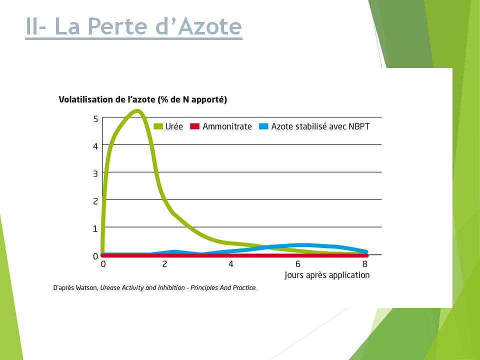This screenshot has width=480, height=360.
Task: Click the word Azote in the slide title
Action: [210, 26]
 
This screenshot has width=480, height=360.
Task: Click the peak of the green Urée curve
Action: [137, 111]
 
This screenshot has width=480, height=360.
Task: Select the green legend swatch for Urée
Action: [158, 126]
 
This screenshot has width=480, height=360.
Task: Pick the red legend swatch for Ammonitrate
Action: [194, 126]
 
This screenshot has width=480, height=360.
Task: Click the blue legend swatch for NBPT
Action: [263, 126]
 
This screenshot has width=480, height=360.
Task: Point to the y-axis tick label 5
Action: [95, 119]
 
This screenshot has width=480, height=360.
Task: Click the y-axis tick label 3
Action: [95, 174]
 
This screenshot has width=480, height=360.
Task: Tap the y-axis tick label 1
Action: [95, 228]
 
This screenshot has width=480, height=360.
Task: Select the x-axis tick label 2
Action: [164, 264]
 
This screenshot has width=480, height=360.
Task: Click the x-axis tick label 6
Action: [298, 264]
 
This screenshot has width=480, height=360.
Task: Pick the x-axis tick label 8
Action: [364, 264]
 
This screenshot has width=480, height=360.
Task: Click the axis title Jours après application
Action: [327, 275]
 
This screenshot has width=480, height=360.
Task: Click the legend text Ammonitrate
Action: [227, 126]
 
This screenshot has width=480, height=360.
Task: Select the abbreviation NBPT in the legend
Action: [359, 126]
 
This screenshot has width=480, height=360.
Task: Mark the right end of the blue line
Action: [366, 251]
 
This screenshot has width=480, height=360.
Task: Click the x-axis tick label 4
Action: [231, 264]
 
